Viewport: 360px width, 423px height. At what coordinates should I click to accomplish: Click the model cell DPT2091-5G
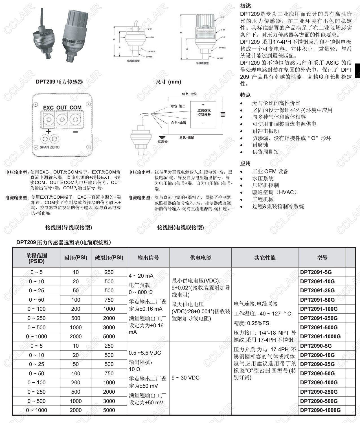tap(316, 272)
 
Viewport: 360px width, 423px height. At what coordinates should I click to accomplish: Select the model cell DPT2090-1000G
tap(320, 410)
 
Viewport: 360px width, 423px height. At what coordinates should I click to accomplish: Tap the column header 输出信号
tap(148, 258)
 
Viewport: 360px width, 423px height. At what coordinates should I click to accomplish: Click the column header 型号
tap(322, 258)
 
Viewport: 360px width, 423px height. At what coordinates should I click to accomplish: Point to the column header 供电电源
tap(201, 258)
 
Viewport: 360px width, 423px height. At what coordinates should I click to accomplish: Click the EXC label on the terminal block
tap(48, 108)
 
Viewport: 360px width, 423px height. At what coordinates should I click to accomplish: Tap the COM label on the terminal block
tap(75, 108)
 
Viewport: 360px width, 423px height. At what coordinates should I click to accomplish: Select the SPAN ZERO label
tap(50, 147)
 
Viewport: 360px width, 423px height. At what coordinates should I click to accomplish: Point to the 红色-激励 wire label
tap(189, 94)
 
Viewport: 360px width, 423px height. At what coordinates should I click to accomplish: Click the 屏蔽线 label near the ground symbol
tap(163, 142)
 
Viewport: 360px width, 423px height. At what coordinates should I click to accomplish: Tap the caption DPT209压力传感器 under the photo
tap(59, 82)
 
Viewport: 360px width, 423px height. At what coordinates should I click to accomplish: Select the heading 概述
tap(245, 6)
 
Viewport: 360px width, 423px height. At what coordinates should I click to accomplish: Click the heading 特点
tap(245, 95)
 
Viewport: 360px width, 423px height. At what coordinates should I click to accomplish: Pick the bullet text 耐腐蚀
tap(260, 145)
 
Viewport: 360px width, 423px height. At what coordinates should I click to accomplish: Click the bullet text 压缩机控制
tap(265, 185)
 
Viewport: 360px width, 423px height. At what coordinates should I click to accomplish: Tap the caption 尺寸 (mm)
tap(168, 82)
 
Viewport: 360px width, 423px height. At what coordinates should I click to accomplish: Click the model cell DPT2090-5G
tap(316, 346)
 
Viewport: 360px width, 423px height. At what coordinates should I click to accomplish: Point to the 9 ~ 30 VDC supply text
tap(185, 378)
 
